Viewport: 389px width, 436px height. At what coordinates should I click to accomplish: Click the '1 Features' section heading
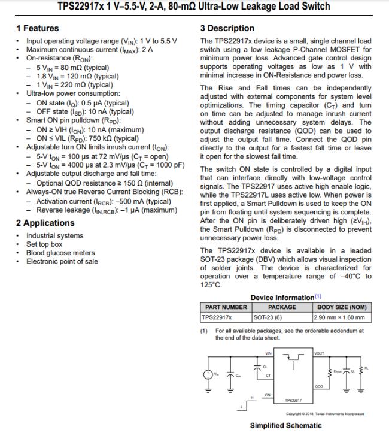click(x=37, y=28)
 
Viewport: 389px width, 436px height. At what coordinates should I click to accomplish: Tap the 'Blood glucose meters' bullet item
click(x=60, y=253)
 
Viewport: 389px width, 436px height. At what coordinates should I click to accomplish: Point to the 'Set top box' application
click(x=44, y=244)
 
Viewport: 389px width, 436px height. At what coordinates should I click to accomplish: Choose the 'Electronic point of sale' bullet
click(x=62, y=261)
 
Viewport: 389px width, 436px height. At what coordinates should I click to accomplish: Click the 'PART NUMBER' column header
click(x=226, y=307)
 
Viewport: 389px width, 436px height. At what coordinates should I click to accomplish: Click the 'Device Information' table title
click(x=282, y=298)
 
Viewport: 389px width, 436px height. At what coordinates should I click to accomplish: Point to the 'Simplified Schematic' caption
click(x=285, y=426)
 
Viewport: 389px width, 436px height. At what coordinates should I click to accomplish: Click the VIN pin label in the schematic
click(x=268, y=353)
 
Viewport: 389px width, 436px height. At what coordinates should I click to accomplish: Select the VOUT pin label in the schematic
click(x=318, y=353)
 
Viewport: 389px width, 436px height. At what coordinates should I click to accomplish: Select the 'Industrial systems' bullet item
click(x=55, y=236)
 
